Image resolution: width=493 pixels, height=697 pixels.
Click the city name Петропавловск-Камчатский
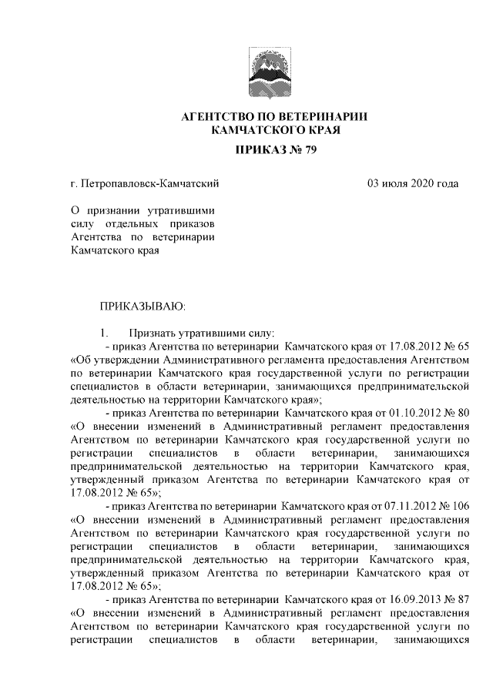(151, 183)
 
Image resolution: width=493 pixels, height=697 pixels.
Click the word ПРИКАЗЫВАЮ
(143, 307)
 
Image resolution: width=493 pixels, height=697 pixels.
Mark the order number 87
(462, 599)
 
